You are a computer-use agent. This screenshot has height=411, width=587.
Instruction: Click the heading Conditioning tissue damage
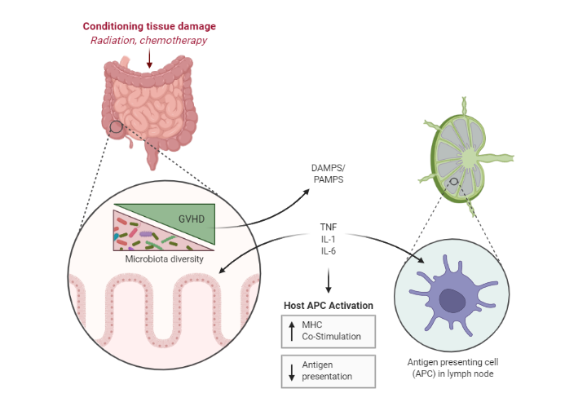point(149,26)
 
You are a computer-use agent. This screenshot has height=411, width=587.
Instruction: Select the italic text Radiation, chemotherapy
point(148,41)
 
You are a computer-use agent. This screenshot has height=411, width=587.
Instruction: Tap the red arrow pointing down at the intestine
point(149,59)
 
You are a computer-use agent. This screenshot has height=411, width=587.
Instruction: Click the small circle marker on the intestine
point(116,127)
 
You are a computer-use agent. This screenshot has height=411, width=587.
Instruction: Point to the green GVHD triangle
point(188,219)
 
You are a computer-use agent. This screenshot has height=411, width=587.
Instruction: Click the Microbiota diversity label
point(165,259)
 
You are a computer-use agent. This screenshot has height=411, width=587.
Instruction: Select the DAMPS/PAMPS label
point(329,174)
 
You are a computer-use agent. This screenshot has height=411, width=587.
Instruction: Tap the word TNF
point(329,228)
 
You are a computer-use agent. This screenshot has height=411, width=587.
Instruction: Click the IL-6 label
point(329,251)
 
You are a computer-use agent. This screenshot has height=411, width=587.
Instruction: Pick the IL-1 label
point(329,239)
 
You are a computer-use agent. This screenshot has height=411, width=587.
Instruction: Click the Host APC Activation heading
point(329,306)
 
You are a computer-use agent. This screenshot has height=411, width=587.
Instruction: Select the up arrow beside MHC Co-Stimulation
point(292,331)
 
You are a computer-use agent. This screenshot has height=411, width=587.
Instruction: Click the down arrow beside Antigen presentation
point(292,372)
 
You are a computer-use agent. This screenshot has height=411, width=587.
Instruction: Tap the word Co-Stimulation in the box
point(331,337)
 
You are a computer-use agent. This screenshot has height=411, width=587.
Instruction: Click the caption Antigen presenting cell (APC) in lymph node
point(452,368)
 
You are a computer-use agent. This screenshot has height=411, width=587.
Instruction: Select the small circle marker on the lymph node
point(454,182)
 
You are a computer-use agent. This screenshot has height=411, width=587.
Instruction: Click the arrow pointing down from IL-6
point(329,281)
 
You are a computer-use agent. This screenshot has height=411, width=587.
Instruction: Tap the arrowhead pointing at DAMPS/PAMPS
point(306,192)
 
